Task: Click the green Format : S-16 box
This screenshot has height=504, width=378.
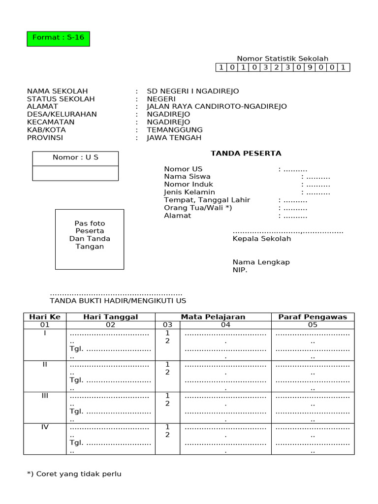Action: pos(58,38)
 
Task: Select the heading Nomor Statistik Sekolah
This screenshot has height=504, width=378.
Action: pos(283,59)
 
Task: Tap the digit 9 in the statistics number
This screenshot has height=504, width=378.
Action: pos(311,67)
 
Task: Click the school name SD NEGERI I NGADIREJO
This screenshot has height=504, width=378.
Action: pos(193,91)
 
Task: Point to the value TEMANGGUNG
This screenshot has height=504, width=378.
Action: pos(175,130)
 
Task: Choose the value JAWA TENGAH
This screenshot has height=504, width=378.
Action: pos(174,138)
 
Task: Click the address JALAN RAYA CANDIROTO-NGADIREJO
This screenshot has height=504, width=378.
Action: pos(217,106)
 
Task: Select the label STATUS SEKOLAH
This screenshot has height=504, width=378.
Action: pos(61,99)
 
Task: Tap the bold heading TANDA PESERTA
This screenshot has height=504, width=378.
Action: pos(246,153)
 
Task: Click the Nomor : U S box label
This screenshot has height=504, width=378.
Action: pos(75,157)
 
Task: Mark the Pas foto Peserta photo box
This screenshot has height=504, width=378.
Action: pos(90,239)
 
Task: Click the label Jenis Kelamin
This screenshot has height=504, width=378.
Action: pos(189,192)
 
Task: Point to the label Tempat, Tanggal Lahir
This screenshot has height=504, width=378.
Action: pos(207,200)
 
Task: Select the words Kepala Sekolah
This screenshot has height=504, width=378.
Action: pos(262,239)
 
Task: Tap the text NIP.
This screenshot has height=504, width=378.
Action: pos(240,270)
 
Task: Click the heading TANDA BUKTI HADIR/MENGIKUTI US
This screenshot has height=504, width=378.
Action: pos(118,301)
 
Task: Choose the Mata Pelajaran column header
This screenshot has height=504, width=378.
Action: pos(213,317)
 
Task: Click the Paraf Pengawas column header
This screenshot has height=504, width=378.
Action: pos(313,317)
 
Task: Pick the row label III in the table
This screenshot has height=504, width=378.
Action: pos(45,396)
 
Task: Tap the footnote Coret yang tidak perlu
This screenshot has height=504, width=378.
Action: pos(74,474)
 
